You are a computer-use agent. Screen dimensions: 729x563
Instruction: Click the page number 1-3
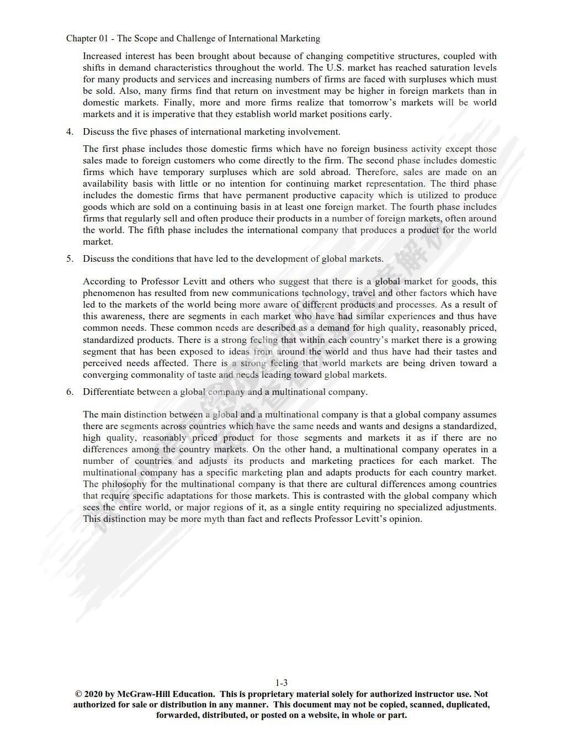pos(281,683)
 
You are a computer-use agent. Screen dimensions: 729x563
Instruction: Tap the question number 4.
pos(70,131)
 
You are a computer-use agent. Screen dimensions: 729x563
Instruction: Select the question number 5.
pos(70,258)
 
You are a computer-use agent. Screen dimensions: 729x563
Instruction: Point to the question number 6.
pos(70,392)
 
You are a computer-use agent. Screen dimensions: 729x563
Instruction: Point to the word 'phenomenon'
pos(108,293)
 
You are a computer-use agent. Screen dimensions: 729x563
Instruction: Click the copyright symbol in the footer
pos(79,694)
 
